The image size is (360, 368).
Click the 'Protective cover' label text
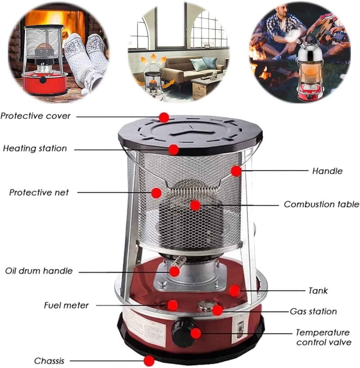coord(35,116)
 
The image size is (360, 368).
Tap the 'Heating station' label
coord(35,148)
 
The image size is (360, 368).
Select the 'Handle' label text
coord(327,171)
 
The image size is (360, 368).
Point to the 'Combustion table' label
coord(322,204)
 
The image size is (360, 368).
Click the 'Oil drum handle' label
coord(39,271)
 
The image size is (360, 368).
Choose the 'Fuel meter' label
coord(66,305)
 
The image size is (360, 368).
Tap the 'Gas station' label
coord(313,312)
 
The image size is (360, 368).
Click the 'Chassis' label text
coord(49,361)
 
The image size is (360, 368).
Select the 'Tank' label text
coord(318,290)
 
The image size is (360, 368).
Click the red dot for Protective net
coord(156,193)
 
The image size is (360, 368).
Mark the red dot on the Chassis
coord(149,361)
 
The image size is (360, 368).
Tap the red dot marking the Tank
coord(234,290)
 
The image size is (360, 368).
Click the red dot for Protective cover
coord(164,117)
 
